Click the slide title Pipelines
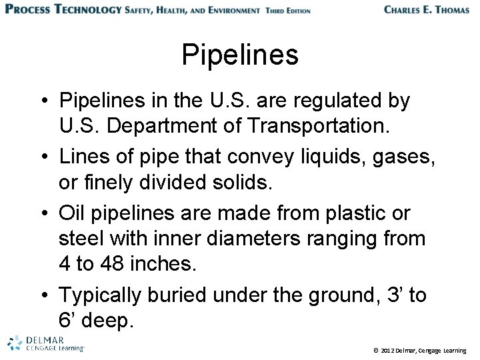click(x=240, y=55)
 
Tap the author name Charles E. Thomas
click(x=427, y=10)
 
